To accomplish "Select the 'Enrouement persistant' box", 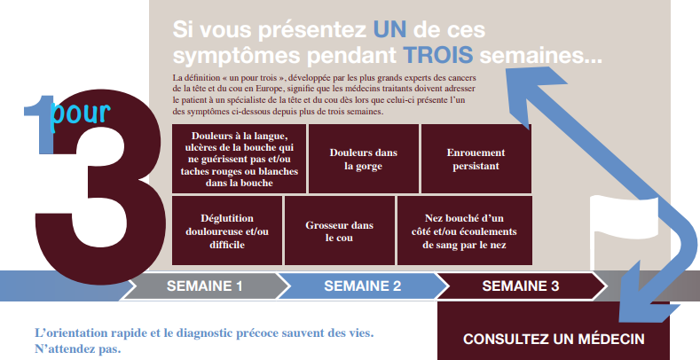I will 476,159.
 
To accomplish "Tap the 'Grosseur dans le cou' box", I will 340,231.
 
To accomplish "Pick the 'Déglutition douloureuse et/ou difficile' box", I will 227,231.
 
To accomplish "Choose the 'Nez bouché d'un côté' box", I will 465,231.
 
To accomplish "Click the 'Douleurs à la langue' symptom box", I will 239,159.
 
